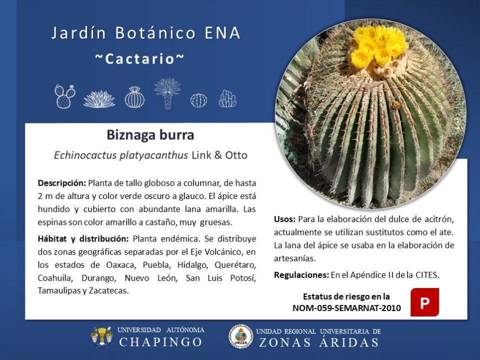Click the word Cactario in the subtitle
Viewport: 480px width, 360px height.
(x=139, y=59)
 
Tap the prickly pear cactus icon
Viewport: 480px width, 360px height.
(x=65, y=96)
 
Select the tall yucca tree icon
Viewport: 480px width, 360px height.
(x=167, y=93)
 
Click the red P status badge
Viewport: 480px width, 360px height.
(x=424, y=302)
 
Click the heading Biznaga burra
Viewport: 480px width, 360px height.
(x=150, y=134)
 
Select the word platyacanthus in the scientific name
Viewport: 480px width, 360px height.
(x=153, y=155)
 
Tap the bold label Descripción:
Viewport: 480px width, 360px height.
(x=62, y=183)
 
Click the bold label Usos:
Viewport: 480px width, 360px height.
(x=284, y=219)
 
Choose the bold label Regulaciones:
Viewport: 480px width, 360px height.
(x=301, y=275)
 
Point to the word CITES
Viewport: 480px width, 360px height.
(x=427, y=275)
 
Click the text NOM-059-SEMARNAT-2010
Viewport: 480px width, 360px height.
(x=346, y=308)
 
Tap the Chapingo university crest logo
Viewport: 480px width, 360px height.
(x=101, y=337)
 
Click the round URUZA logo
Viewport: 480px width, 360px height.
(x=240, y=336)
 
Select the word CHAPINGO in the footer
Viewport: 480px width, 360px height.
(x=160, y=342)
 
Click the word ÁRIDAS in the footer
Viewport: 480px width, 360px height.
(x=349, y=341)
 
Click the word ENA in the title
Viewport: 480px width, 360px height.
(x=222, y=33)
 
